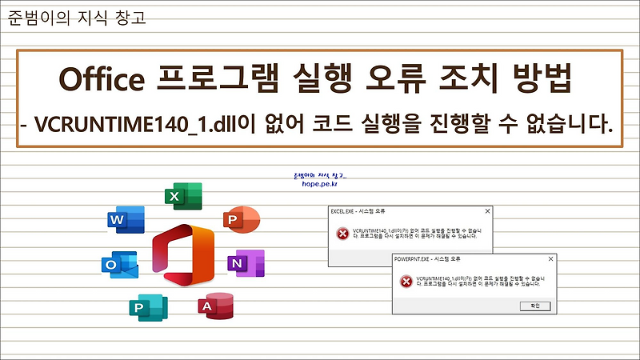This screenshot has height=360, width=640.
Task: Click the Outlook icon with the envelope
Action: point(119,266)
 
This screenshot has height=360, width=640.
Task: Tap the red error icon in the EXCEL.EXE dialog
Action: point(342,234)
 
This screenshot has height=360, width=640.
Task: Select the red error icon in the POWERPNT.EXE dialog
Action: point(406,281)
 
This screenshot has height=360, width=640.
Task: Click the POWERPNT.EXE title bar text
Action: point(427,259)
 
